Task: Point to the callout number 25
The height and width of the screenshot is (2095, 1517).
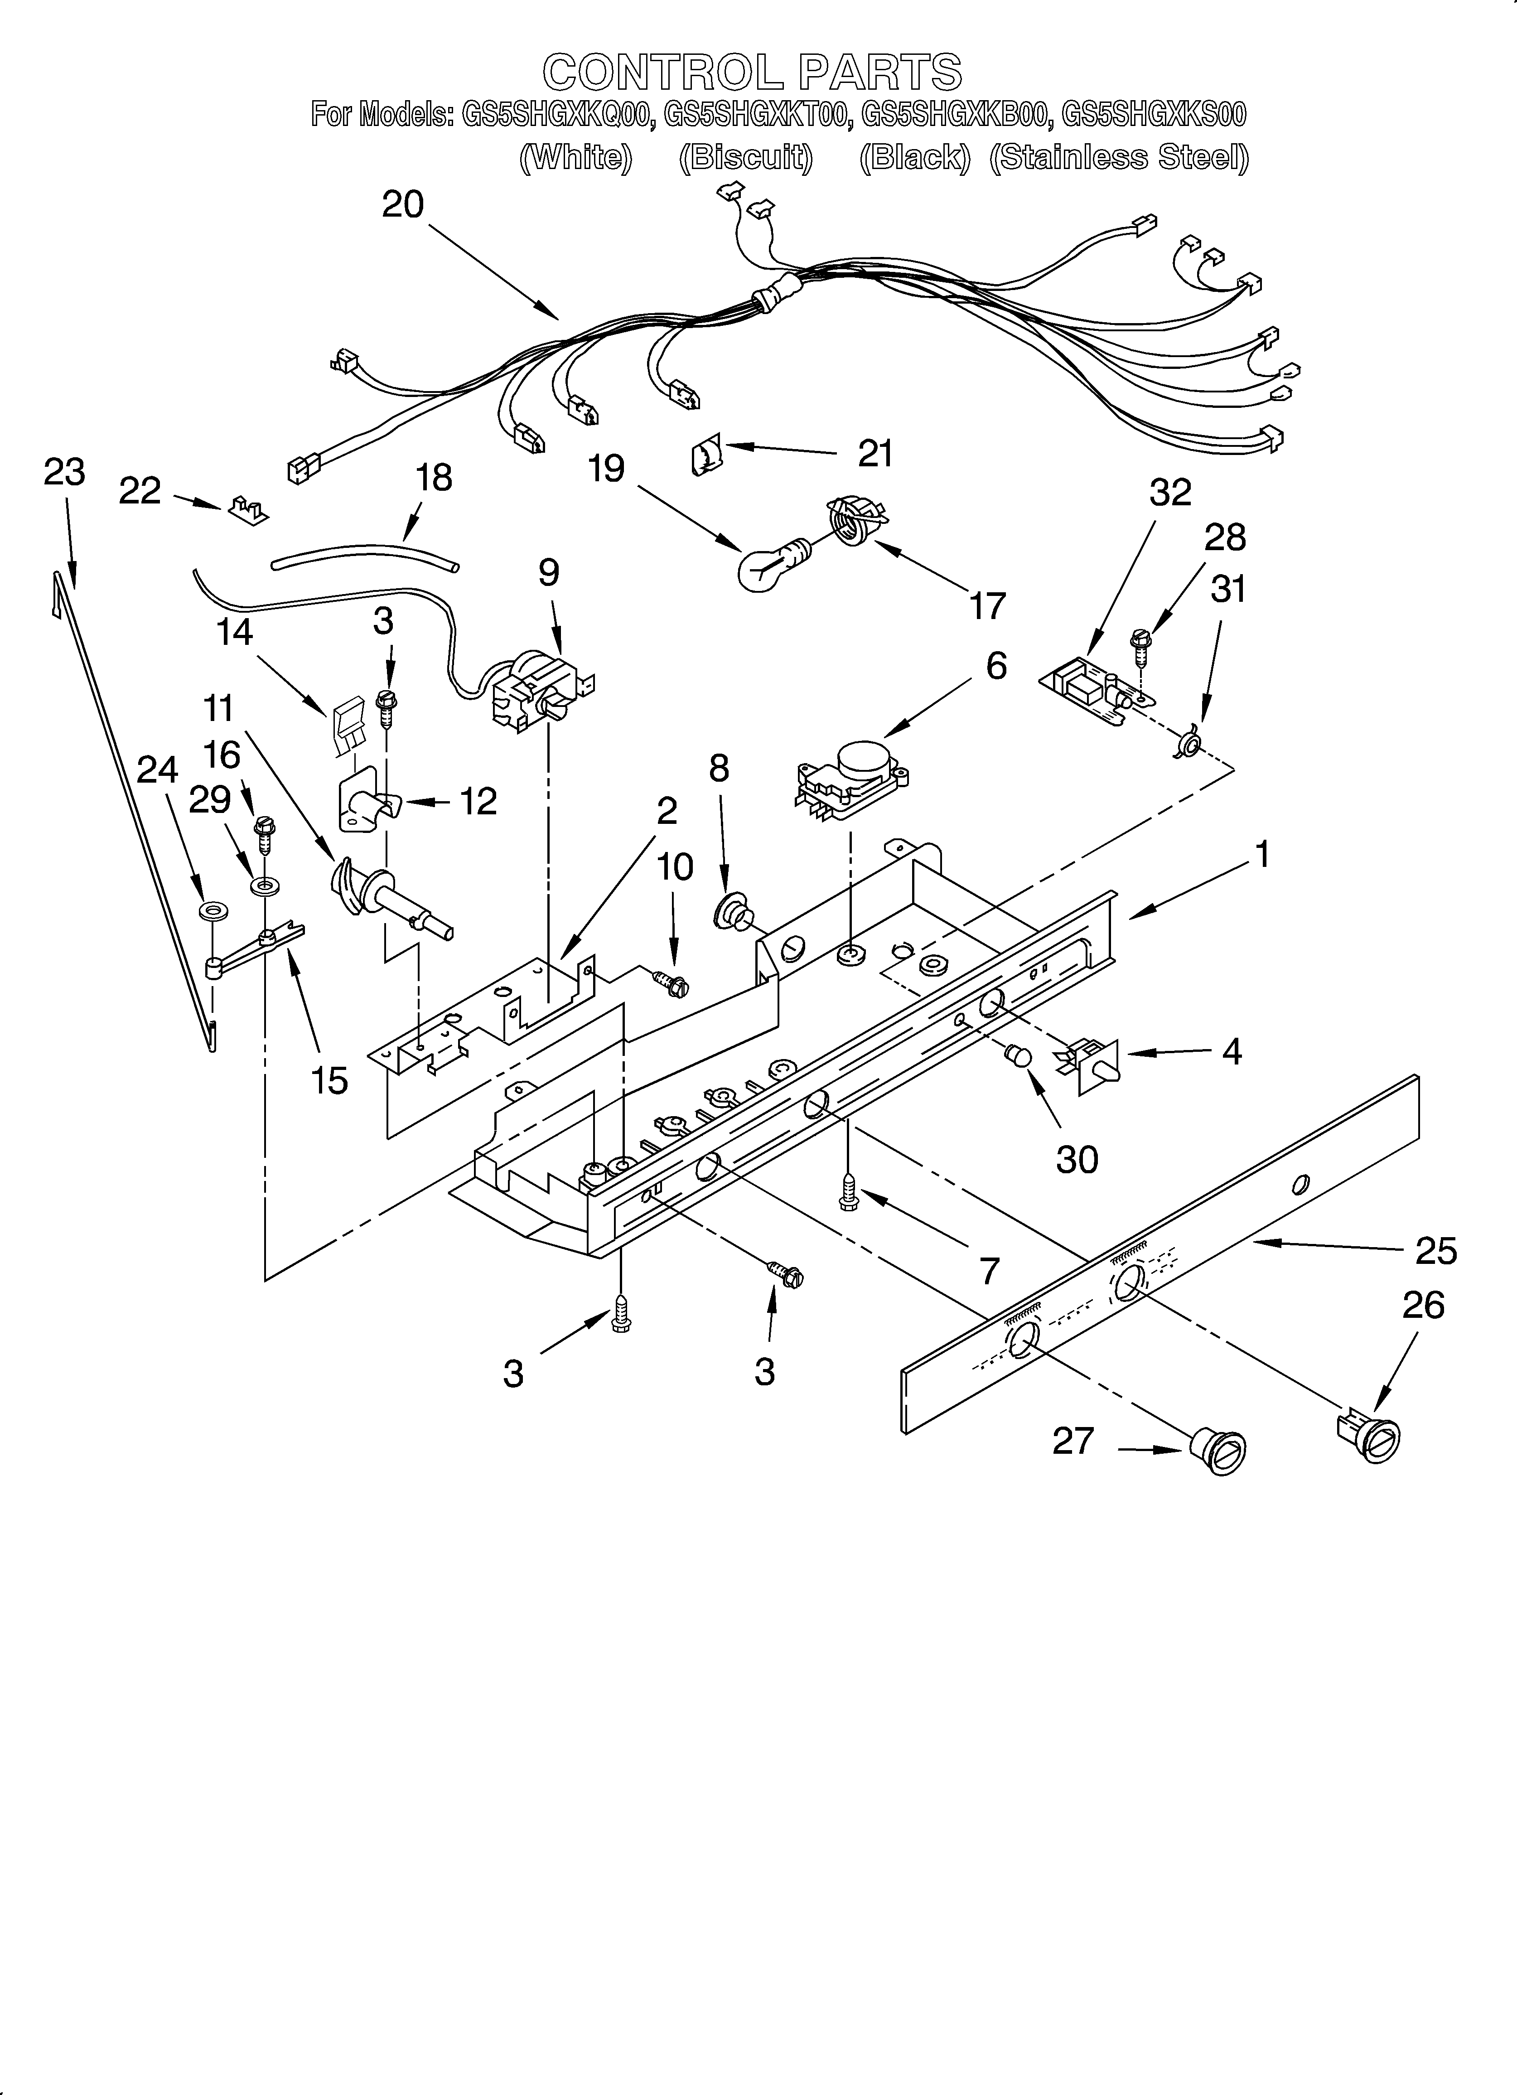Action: click(x=1436, y=1251)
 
